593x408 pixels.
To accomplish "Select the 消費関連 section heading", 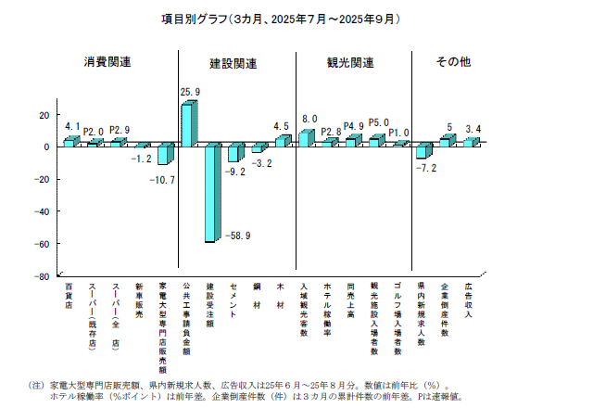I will pos(107,62).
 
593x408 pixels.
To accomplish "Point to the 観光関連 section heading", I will pos(350,62).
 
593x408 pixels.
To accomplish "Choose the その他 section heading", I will pos(453,62).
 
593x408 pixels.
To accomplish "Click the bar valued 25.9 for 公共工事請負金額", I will pos(187,124).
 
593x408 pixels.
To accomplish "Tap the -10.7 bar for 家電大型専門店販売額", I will pos(164,155).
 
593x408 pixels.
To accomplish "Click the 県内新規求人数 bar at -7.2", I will pos(423,151).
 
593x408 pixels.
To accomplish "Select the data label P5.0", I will pos(378,122).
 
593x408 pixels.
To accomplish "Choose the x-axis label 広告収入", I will pos(470,301).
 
